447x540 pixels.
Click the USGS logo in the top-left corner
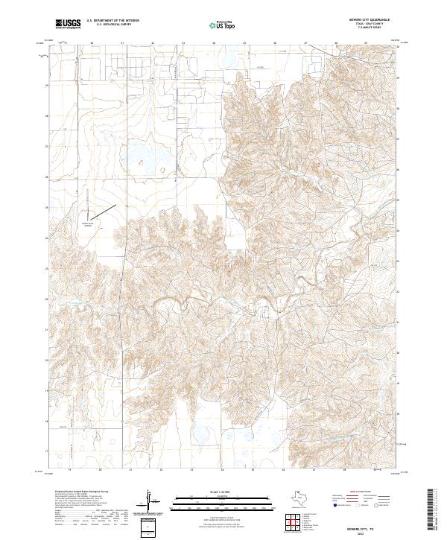coord(68,25)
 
